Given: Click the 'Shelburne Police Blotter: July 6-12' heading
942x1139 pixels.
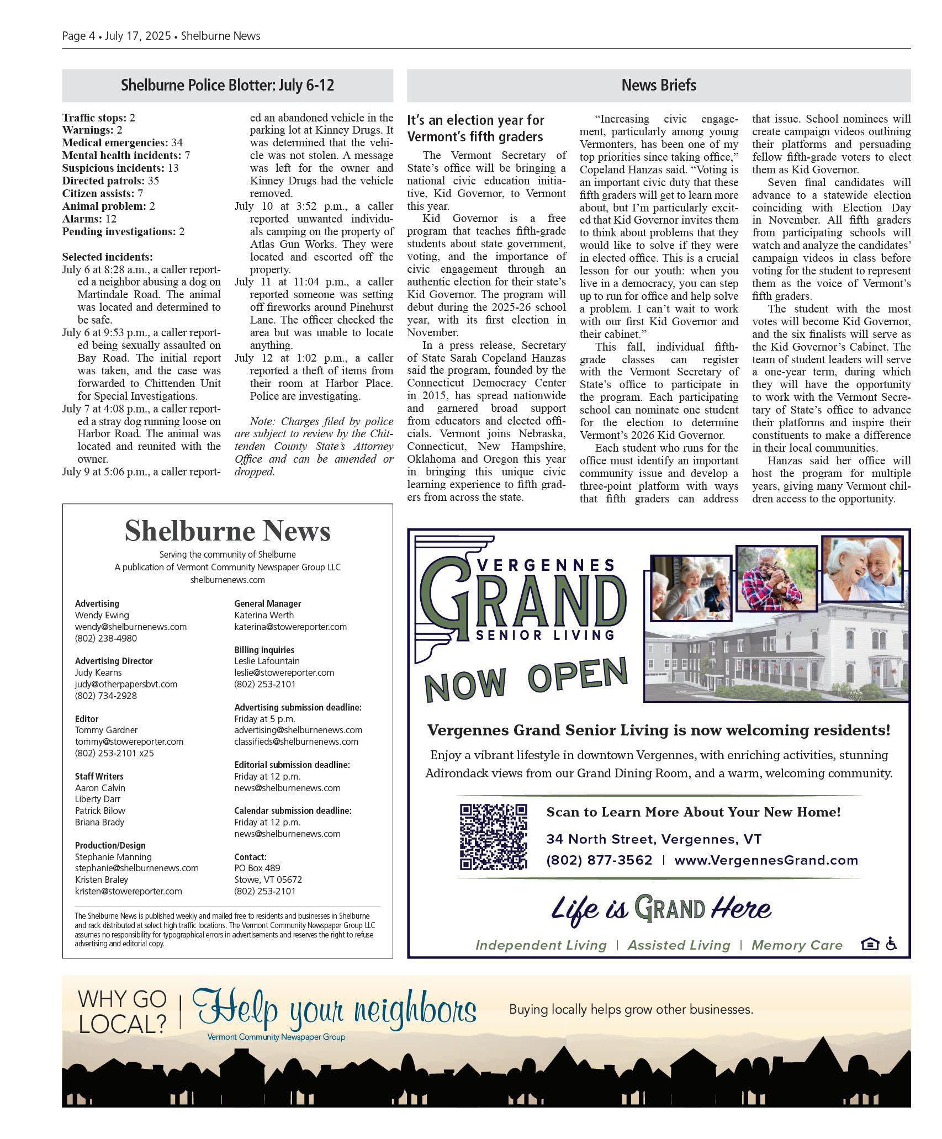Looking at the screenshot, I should (227, 86).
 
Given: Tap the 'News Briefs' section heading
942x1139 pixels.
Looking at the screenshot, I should (658, 86).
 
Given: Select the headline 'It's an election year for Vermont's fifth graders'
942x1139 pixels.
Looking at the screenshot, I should (475, 128).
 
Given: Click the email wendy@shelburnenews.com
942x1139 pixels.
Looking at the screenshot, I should (131, 627).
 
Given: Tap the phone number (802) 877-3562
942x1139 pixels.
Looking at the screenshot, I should (599, 860).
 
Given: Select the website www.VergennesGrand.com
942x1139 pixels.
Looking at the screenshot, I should (766, 860).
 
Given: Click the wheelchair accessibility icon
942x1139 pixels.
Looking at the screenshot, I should (891, 944).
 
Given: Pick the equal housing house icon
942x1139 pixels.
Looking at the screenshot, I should (869, 944).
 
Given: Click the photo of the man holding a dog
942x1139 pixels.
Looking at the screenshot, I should (776, 578).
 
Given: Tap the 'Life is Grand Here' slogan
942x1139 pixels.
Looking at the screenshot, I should (661, 909).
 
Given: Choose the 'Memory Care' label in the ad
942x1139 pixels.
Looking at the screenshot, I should (797, 945).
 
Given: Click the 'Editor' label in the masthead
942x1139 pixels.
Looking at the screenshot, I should (87, 719).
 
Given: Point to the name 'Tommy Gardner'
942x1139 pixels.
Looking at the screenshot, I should (106, 730).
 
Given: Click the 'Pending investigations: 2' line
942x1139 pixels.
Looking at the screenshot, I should (123, 231).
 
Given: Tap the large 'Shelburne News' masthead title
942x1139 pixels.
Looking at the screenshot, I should (227, 531).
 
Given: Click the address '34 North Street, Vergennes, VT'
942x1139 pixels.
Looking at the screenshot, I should (654, 839).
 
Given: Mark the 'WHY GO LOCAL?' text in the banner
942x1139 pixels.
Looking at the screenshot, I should (122, 1011).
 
